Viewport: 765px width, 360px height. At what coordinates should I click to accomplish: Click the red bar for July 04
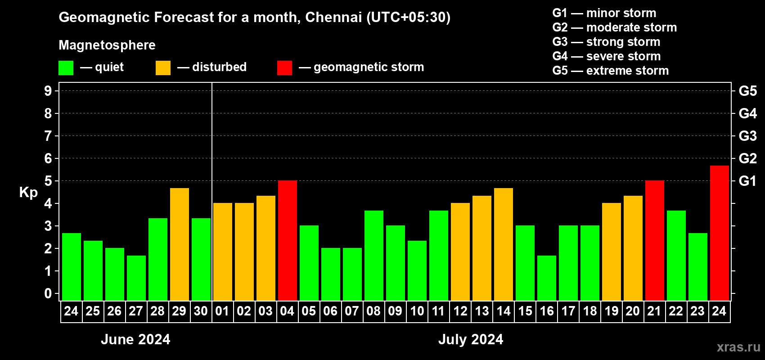click(288, 240)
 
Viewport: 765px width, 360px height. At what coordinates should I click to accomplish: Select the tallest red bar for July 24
click(719, 233)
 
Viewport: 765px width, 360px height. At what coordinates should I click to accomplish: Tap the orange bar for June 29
click(180, 244)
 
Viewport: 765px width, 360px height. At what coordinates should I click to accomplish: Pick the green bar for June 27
click(136, 278)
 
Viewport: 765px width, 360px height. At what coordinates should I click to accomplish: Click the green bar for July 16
click(547, 278)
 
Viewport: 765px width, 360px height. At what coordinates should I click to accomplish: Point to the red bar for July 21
click(654, 240)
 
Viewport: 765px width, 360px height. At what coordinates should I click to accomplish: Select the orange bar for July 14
click(504, 244)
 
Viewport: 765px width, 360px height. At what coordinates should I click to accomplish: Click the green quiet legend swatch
click(66, 68)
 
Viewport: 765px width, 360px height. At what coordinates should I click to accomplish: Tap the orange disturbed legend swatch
click(163, 68)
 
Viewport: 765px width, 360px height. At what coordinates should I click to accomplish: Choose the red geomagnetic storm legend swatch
click(284, 68)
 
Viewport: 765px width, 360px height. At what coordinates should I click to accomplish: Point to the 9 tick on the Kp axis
click(48, 91)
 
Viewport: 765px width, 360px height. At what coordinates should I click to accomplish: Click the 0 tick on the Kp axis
click(48, 294)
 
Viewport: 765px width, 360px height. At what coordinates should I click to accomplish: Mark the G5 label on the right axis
click(747, 91)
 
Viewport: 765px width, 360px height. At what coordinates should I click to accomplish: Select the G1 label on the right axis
click(747, 181)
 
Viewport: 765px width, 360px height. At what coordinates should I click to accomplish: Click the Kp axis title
click(28, 192)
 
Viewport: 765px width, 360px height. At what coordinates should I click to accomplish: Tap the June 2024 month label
click(135, 339)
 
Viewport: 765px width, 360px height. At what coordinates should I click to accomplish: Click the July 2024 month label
click(471, 339)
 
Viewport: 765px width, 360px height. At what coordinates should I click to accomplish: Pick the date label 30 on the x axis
click(201, 311)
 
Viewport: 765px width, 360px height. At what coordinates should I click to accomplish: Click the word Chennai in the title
click(333, 17)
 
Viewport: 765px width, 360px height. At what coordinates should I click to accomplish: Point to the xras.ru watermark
click(738, 347)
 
